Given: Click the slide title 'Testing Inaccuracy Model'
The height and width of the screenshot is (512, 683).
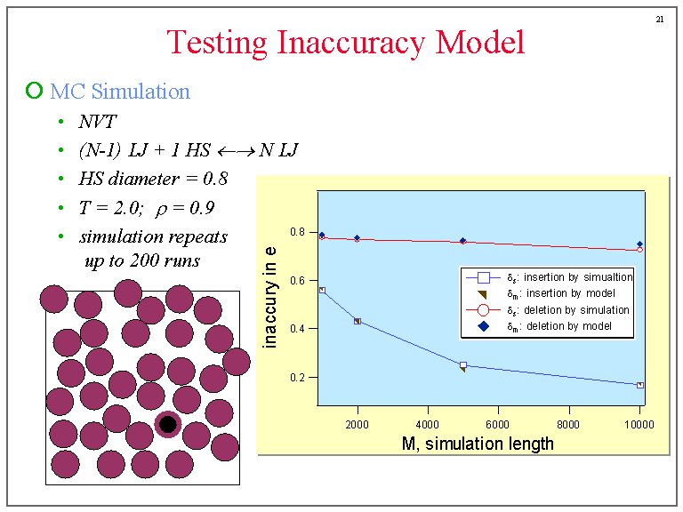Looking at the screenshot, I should (346, 42).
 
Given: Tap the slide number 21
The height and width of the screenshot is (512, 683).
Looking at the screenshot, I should (659, 19).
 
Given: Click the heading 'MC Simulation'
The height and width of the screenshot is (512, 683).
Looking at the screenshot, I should (120, 91).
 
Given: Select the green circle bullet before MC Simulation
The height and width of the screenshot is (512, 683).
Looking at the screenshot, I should (35, 90).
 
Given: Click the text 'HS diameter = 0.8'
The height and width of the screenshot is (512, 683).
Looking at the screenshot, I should (153, 179).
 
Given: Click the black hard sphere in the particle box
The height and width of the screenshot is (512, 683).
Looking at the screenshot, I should (167, 424).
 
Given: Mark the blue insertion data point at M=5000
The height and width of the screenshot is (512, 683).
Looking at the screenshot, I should (463, 365).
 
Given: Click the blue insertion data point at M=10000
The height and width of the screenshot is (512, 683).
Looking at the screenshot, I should (639, 385).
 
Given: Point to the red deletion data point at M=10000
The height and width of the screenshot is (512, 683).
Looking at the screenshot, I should (639, 250).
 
